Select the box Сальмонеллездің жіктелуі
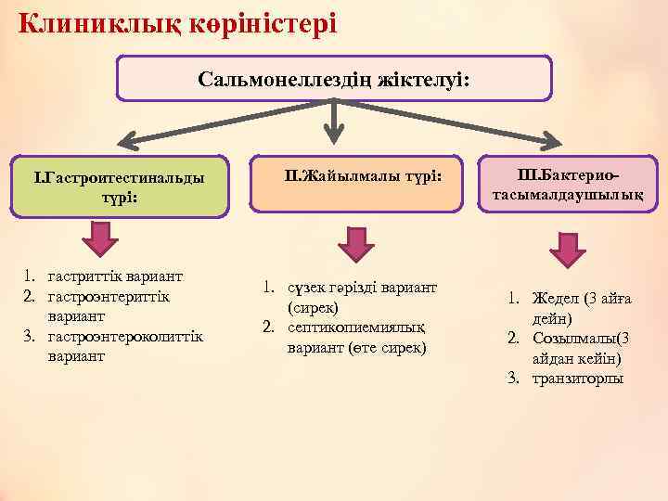pyautogui.click(x=334, y=80)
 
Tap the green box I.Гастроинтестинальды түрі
pyautogui.click(x=118, y=186)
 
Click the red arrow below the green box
pyautogui.click(x=100, y=239)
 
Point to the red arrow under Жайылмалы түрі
pyautogui.click(x=355, y=242)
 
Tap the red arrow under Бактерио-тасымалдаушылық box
pyautogui.click(x=566, y=249)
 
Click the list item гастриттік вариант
pyautogui.click(x=115, y=276)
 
